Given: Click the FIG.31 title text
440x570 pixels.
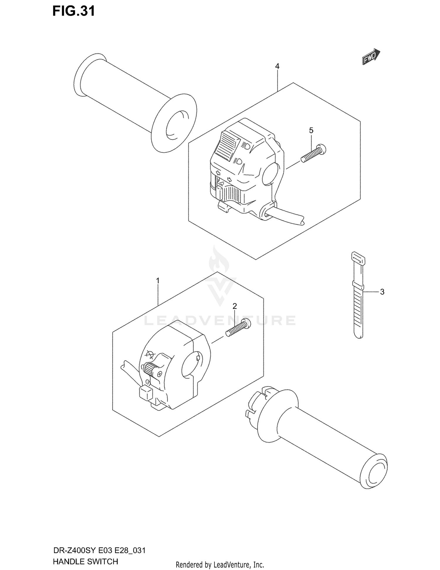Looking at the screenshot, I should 74,11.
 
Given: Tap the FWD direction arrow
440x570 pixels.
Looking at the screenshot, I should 371,56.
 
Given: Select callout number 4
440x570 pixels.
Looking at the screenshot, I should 277,66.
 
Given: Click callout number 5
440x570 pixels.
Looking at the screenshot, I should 311,130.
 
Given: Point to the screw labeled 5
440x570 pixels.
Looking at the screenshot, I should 313,154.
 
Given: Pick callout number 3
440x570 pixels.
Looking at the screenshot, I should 382,292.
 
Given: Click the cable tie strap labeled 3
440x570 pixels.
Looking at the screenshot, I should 358,297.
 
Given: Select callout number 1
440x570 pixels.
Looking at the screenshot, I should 158,281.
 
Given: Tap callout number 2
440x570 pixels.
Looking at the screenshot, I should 235,306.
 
